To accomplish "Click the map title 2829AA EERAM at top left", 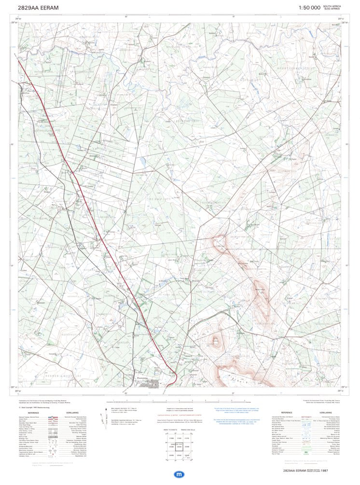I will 38,8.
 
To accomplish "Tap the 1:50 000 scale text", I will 309,8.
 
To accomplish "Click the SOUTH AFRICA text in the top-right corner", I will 332,6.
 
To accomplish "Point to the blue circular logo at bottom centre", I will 180,474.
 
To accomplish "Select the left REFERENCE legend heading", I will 33,413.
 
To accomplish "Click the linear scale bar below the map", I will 180,402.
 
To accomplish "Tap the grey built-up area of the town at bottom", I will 150,384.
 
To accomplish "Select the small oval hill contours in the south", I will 215,341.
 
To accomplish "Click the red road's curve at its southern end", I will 175,376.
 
